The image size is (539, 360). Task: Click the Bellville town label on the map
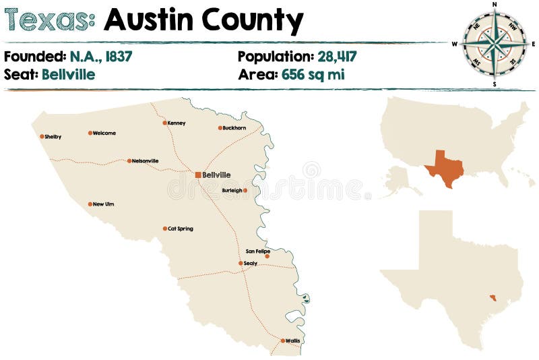[216, 175]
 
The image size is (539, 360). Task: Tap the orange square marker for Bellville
[198, 175]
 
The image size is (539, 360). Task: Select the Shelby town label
[53, 137]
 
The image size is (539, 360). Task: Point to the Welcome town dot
[90, 133]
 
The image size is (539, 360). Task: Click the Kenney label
[177, 123]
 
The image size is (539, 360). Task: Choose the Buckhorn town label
[235, 128]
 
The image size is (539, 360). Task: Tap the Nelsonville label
[146, 161]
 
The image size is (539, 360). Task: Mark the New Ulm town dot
[90, 204]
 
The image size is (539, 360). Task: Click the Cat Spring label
[181, 229]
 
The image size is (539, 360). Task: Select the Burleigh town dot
[245, 190]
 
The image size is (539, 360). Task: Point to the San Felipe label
[257, 251]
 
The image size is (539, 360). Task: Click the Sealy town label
[251, 264]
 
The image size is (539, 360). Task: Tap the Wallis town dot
[283, 340]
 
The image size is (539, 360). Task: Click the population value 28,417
[333, 57]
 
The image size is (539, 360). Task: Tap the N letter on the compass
[495, 4]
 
